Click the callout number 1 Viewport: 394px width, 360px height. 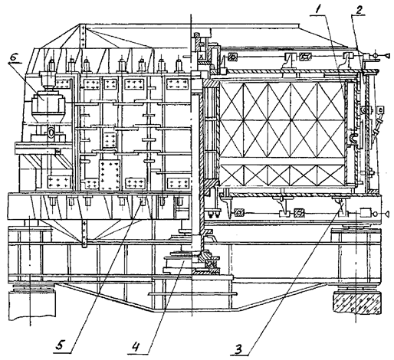point(317,10)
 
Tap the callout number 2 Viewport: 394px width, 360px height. point(359,10)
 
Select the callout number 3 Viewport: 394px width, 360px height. point(238,349)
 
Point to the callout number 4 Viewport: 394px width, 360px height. point(136,347)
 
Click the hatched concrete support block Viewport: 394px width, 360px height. point(357,303)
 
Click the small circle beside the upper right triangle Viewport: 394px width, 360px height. point(376,55)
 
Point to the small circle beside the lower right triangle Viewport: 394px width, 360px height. point(376,213)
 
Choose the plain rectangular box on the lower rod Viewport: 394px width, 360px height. point(366,213)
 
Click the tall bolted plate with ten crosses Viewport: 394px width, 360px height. point(110,175)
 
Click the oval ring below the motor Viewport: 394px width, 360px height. point(51,133)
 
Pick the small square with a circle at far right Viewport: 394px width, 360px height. point(381,110)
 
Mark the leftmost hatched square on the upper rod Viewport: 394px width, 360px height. point(232,57)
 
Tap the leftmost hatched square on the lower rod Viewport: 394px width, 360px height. point(239,212)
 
